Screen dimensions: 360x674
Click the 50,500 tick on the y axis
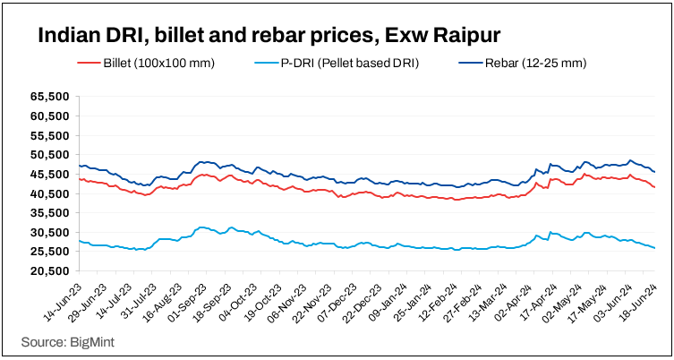point(50,155)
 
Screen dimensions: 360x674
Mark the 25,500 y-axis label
point(50,252)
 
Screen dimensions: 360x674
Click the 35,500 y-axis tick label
point(50,213)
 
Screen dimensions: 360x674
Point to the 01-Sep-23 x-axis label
point(183,298)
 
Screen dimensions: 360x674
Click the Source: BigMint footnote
point(66,342)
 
